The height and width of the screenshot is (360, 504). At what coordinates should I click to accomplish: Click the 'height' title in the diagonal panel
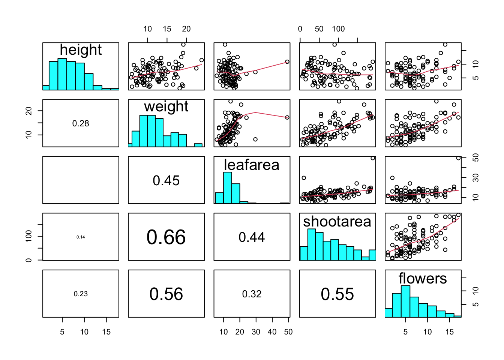coord(81,50)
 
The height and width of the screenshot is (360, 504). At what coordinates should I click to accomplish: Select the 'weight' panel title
coord(166,106)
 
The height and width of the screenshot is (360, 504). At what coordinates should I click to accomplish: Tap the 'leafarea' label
coord(252,165)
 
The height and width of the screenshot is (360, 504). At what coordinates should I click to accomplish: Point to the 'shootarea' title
coord(337,222)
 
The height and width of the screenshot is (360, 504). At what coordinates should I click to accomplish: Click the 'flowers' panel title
coord(423,279)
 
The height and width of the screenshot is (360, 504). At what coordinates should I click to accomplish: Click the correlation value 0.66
coord(166,237)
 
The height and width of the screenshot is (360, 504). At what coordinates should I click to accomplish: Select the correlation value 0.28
coord(81,123)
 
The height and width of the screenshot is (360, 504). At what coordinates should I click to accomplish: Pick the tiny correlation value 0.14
coord(81,237)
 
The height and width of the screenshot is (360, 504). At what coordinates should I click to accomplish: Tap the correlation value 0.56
coord(166,294)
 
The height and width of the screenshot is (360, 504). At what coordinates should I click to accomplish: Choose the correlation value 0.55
coord(337,294)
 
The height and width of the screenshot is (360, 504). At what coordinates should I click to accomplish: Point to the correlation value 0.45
coord(166,180)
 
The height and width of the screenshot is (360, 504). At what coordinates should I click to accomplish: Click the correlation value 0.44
coord(252,237)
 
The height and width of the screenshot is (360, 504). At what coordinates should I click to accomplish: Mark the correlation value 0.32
coord(252,294)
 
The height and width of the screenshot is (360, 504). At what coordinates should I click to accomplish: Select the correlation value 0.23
coord(81,294)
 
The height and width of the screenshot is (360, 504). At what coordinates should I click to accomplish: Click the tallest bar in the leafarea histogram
coord(228,187)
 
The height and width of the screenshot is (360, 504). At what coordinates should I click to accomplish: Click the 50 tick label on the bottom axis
coord(288,332)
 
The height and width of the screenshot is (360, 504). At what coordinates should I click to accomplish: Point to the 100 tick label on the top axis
coord(338,29)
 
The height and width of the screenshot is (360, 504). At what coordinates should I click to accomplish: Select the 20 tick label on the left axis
coord(28,111)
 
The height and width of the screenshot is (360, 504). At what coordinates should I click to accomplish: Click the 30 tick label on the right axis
coord(476,177)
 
